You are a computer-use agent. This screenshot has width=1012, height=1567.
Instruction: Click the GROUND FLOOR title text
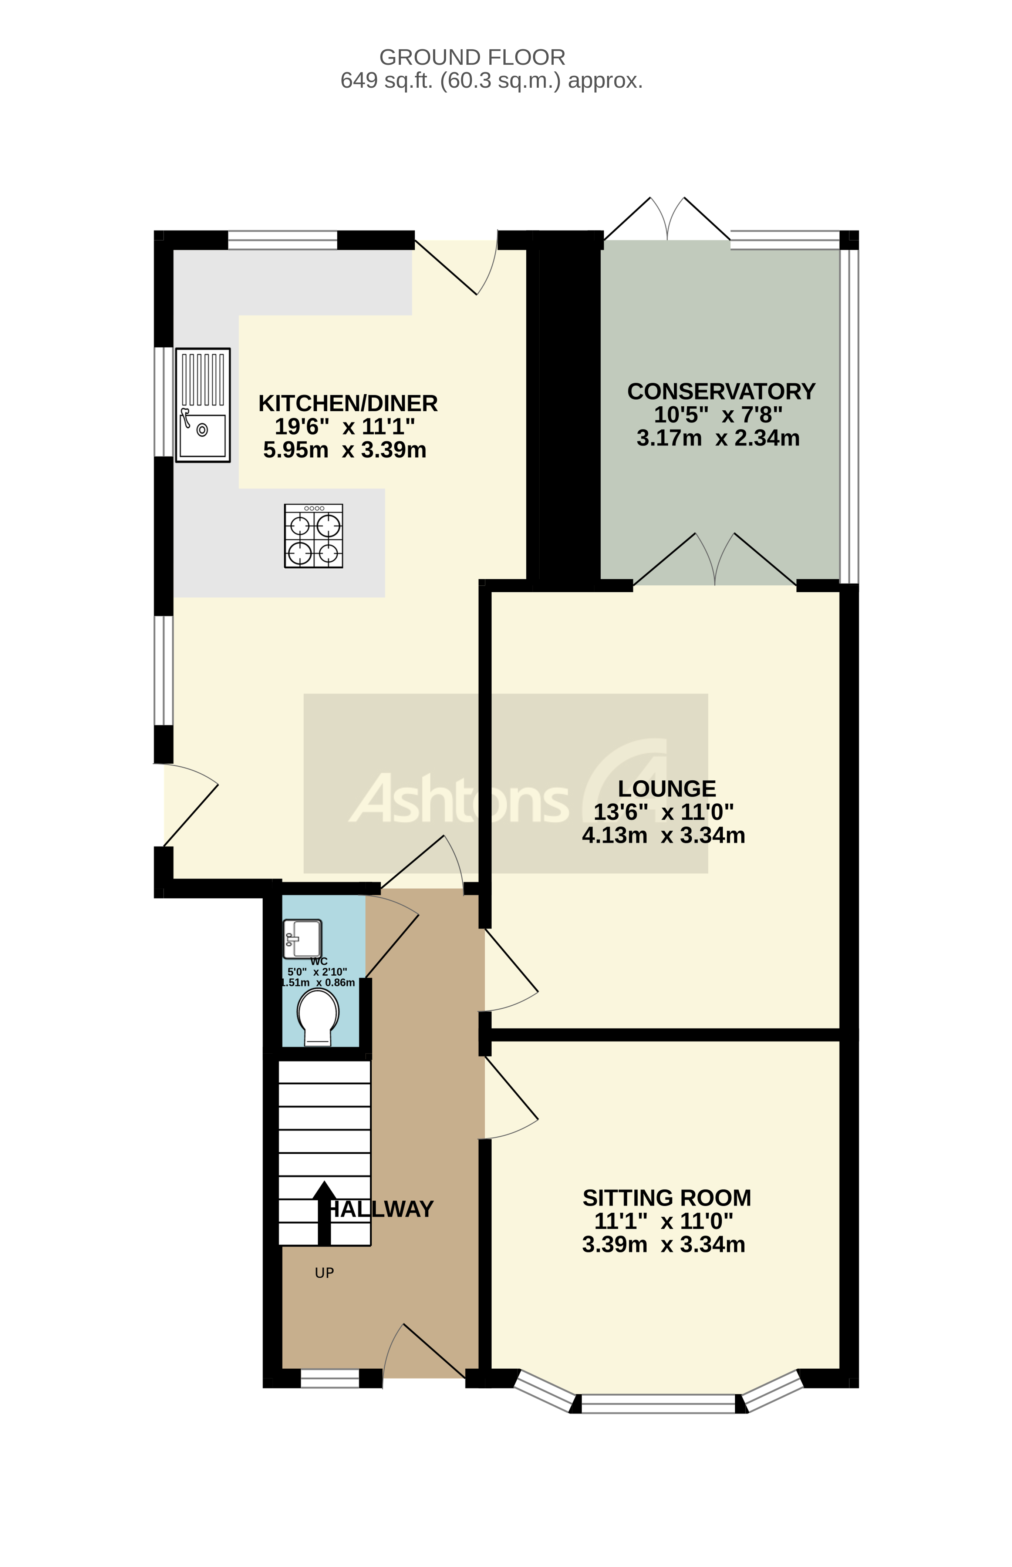click(472, 58)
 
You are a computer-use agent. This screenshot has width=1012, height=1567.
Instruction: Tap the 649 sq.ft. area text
click(491, 81)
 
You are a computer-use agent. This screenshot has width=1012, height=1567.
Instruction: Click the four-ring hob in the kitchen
click(313, 536)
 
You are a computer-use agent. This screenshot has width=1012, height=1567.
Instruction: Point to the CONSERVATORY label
click(721, 392)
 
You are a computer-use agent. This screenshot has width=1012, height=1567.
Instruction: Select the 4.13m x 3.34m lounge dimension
click(663, 835)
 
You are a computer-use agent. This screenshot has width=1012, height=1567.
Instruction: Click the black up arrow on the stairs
click(323, 1213)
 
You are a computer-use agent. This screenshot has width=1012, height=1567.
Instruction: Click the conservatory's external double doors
click(667, 220)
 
